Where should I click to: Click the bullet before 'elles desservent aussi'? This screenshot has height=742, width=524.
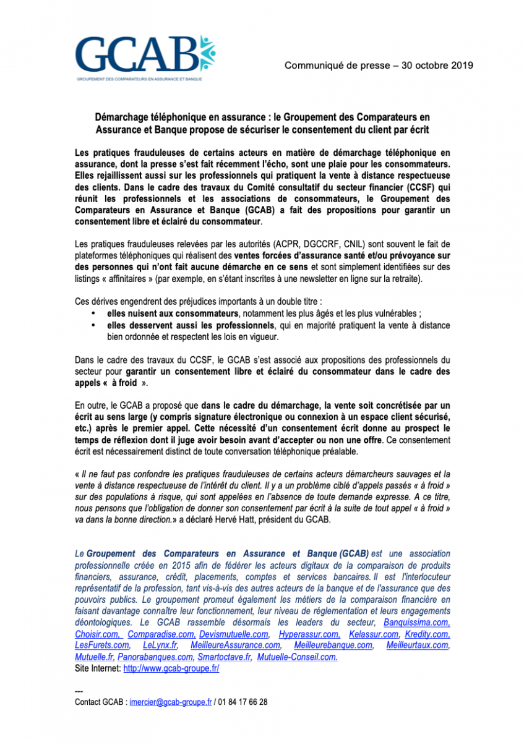pos(93,325)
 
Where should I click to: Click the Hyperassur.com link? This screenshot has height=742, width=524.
pos(309,634)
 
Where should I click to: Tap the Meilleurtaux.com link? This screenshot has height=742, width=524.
pos(418,646)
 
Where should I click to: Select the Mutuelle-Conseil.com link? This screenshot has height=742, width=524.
pos(298,657)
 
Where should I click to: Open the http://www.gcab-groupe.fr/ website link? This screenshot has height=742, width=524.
pos(171,668)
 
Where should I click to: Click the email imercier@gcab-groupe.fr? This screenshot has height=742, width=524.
pos(171,702)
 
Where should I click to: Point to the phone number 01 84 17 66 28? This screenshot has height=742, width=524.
pos(243,702)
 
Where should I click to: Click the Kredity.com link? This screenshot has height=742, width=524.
pos(427,634)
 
